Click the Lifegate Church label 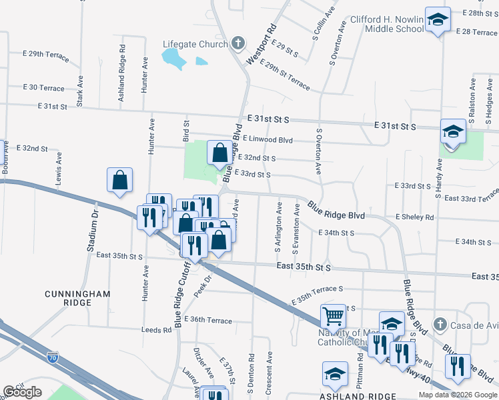195,45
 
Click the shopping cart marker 333,316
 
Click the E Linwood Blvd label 268,139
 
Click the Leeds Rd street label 157,330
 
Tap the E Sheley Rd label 414,217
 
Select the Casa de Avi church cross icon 439,325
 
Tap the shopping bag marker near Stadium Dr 119,180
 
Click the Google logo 22,392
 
